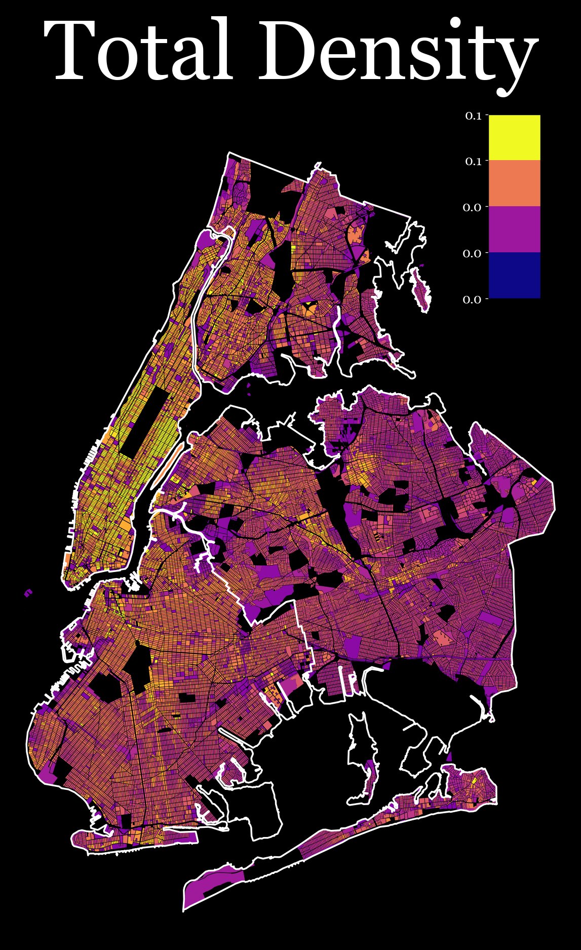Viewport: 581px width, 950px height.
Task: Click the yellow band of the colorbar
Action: (514, 137)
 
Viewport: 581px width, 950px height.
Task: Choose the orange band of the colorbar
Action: (514, 183)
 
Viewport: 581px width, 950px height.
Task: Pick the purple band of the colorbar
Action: (514, 229)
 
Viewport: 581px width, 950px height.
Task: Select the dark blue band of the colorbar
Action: (514, 275)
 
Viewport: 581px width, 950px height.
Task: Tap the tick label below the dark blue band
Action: (472, 300)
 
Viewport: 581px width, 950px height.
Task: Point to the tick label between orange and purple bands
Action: (472, 208)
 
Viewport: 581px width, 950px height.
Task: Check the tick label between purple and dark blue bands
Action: (472, 254)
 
